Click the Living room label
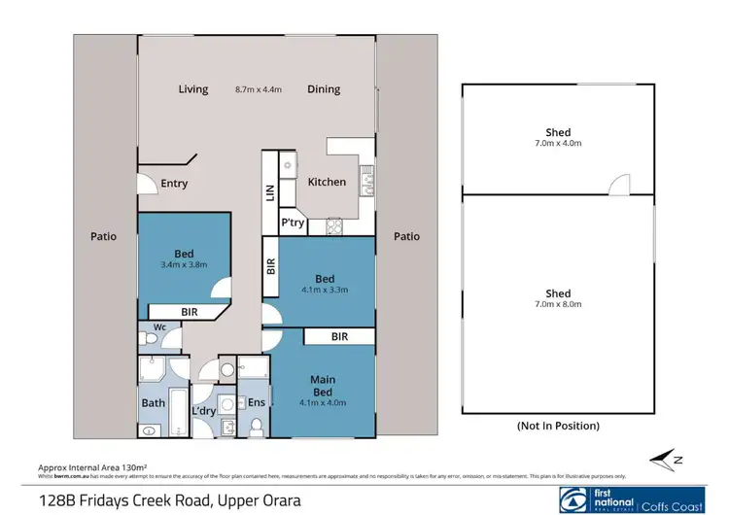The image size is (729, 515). tap(193, 89)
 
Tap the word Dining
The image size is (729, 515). tap(324, 89)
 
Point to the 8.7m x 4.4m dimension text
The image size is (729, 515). tap(259, 89)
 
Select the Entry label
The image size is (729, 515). tap(174, 184)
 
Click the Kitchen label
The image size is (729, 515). tap(327, 182)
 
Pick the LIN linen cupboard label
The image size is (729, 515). tap(271, 193)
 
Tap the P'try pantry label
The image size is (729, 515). tap(294, 223)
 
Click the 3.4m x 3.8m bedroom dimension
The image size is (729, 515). tap(185, 264)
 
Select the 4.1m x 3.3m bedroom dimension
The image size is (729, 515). tap(326, 289)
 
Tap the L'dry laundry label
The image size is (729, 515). tap(204, 412)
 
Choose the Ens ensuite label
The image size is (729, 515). tap(257, 402)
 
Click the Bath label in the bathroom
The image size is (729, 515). tap(154, 402)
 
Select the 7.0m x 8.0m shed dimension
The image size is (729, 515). tap(558, 304)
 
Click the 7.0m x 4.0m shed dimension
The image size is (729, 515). tap(558, 143)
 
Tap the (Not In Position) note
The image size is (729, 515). tap(557, 426)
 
